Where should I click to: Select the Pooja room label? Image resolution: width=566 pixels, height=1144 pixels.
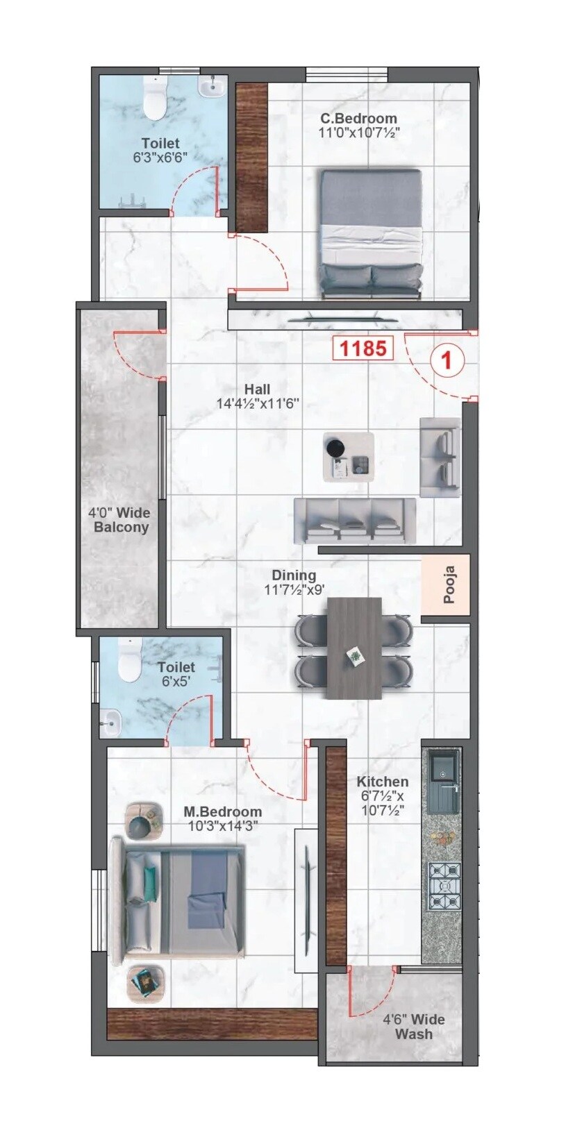(x=448, y=584)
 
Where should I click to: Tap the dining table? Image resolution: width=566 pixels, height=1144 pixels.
(x=354, y=648)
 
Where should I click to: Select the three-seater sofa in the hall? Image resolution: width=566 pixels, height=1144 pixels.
(x=354, y=521)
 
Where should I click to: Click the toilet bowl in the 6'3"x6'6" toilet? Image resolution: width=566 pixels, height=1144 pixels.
(x=154, y=99)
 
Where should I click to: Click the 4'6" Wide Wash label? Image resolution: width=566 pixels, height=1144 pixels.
(x=414, y=1027)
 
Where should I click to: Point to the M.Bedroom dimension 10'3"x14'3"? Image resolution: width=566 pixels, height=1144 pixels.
(x=222, y=826)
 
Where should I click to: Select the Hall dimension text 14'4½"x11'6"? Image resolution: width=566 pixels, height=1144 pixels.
(x=256, y=403)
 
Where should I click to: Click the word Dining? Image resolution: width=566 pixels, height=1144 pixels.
(x=293, y=575)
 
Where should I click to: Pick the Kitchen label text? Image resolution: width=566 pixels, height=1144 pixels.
(x=382, y=782)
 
